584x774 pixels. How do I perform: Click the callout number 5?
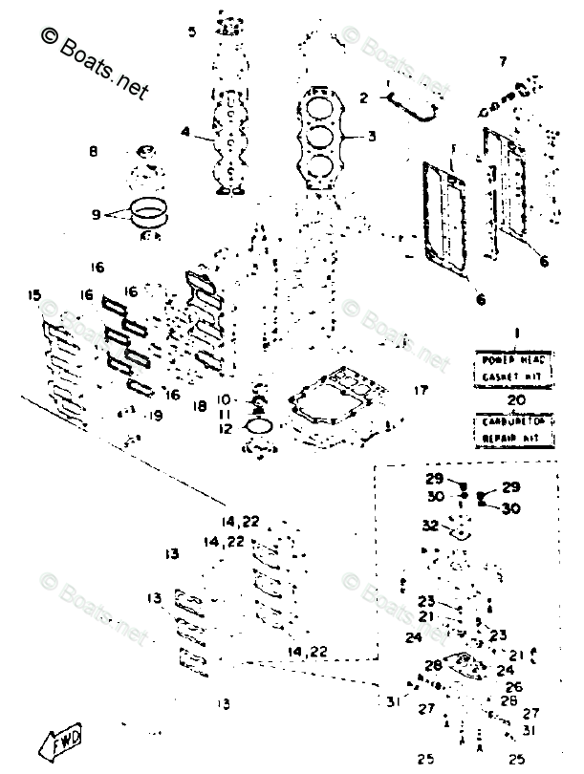point(192,32)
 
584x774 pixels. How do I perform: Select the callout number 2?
point(363,97)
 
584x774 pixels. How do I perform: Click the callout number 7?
point(503,63)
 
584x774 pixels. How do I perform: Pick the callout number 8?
point(94,151)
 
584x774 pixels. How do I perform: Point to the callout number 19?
point(154,416)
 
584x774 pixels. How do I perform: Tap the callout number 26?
point(513,686)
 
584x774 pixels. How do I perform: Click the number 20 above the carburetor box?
point(516,400)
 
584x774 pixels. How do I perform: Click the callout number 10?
point(224,398)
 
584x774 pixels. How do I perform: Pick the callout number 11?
point(224,414)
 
